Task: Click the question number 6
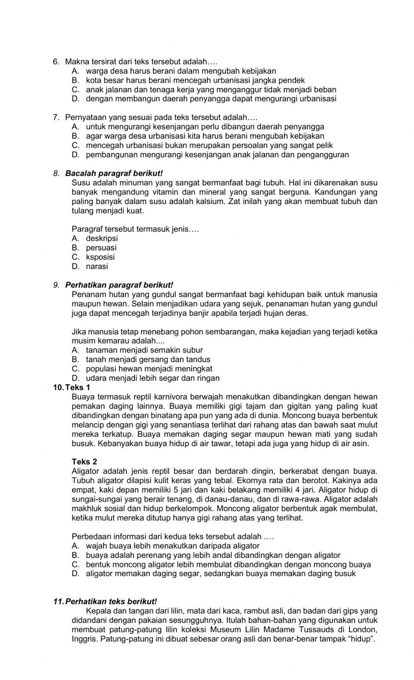coord(56,62)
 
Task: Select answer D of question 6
coord(211,99)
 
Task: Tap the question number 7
coord(56,118)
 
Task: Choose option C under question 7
coord(209,146)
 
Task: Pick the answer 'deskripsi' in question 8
coord(102,238)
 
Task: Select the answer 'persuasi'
coord(101,248)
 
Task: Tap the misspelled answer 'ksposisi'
coord(100,257)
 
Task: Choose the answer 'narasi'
coord(97,267)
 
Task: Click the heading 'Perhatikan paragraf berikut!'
coord(119,285)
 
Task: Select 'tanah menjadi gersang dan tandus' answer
coord(148,360)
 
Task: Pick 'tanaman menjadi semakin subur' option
coord(144,350)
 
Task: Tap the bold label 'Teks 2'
coord(84,462)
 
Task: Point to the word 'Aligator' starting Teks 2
coord(85,471)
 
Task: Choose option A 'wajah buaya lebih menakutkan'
coord(172,546)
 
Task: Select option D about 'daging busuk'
coord(220,574)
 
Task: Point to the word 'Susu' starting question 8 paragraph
coord(79,183)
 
